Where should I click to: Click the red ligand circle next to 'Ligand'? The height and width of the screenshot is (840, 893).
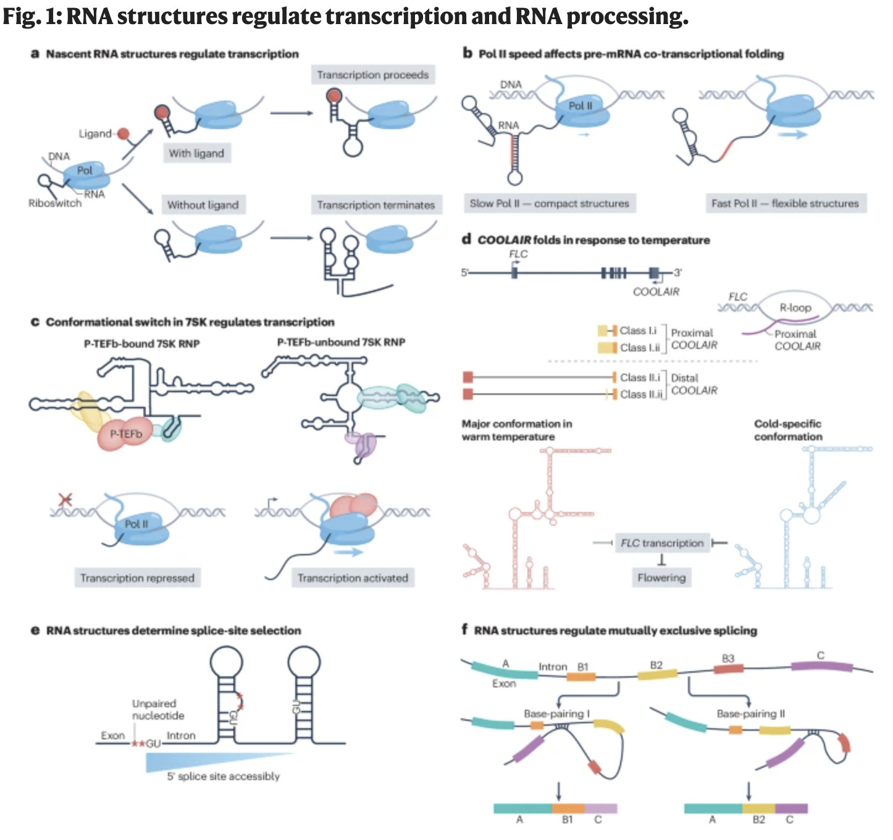[124, 133]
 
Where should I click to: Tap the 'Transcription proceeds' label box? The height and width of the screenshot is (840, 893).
[372, 75]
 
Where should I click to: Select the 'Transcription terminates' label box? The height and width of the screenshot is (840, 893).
[375, 205]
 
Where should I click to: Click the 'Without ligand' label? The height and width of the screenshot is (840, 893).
[203, 205]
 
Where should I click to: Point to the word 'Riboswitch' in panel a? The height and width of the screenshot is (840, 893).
[54, 203]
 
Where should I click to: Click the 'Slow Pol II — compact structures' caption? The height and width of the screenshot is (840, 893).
[549, 203]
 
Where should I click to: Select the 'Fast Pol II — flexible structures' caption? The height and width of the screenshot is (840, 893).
[785, 203]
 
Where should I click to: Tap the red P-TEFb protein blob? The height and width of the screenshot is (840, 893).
[125, 434]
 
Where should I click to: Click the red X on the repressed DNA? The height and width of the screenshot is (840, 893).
[64, 499]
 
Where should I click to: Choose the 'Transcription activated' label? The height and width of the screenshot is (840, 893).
[353, 578]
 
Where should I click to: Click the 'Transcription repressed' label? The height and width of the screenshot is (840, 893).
[137, 578]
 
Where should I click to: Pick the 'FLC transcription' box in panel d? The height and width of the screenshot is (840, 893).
[662, 543]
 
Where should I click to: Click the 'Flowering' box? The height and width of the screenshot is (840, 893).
[661, 577]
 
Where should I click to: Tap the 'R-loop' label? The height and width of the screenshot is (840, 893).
[795, 308]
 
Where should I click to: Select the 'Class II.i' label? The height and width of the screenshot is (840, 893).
[640, 377]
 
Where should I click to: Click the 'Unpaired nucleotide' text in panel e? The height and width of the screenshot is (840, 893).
[157, 710]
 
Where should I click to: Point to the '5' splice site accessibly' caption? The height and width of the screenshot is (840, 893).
[223, 776]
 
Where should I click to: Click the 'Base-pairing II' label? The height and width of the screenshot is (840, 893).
[750, 714]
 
